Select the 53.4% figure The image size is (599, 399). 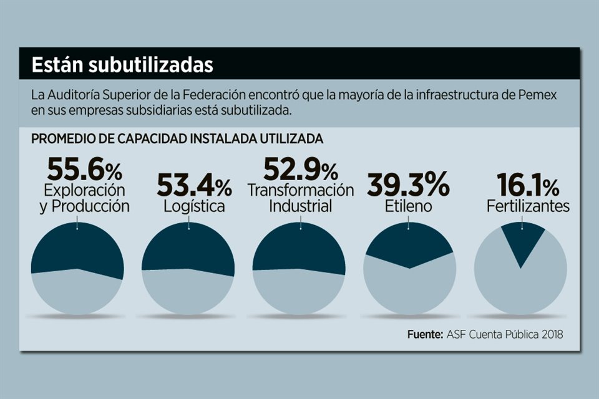pos(193,185)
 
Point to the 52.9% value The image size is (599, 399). pos(300,170)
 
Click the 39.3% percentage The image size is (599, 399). pos(407,185)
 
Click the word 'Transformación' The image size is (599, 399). pos(301,190)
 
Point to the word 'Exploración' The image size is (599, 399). pos(84,190)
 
